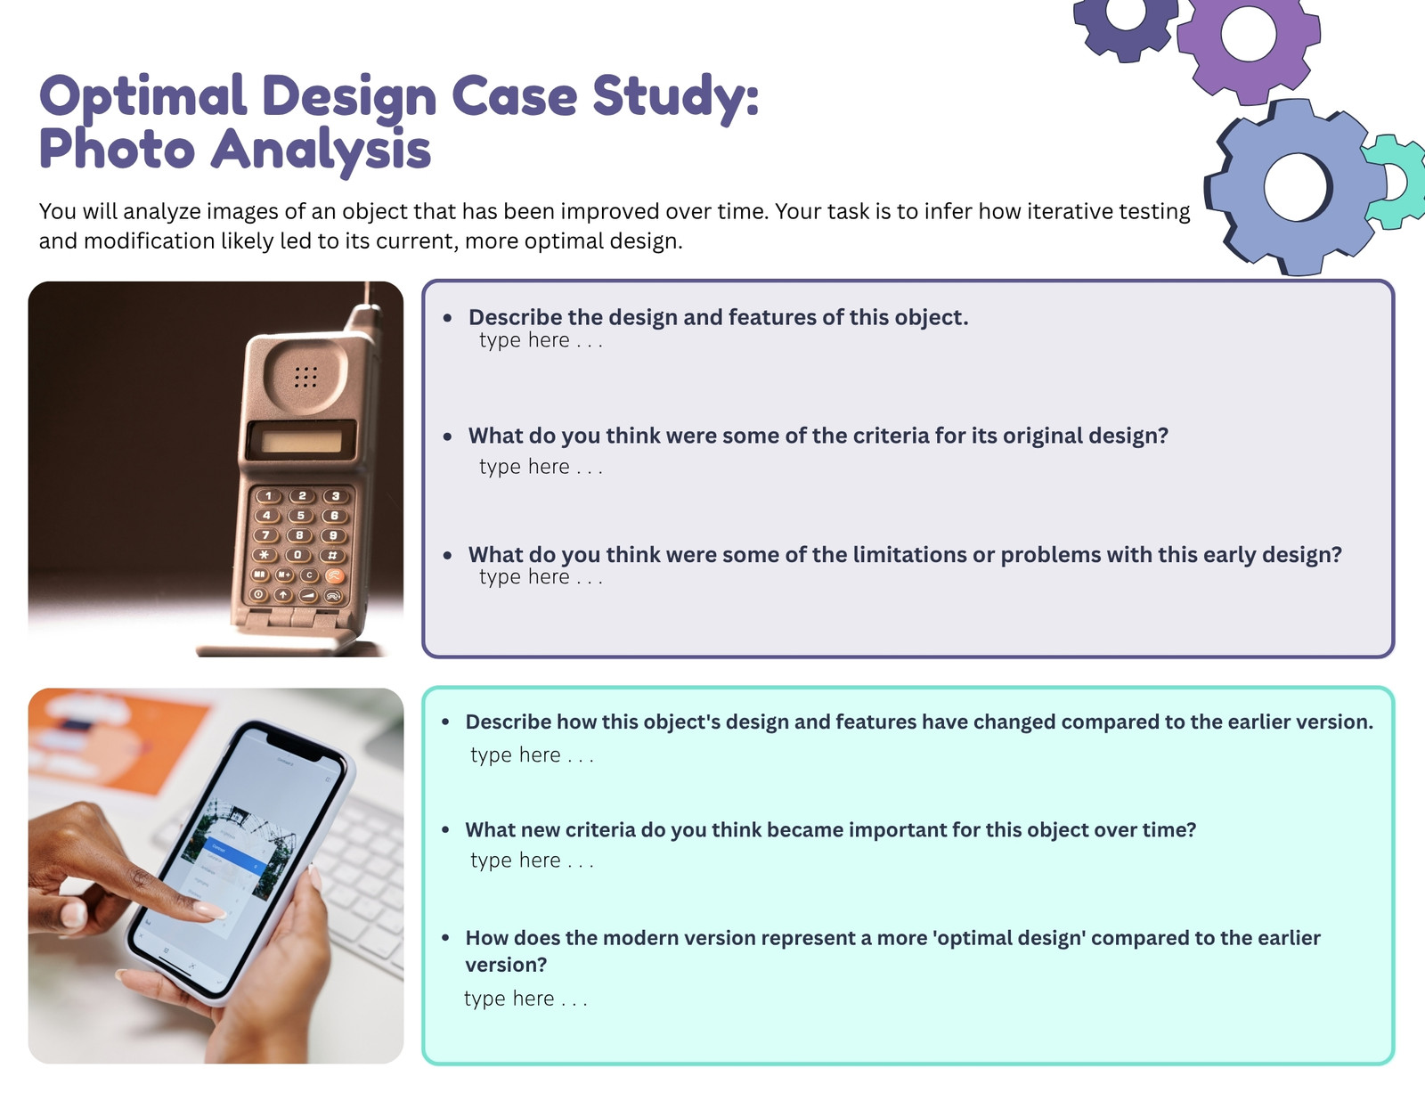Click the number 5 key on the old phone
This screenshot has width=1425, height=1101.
pyautogui.click(x=300, y=516)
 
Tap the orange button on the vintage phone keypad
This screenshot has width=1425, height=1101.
pyautogui.click(x=334, y=575)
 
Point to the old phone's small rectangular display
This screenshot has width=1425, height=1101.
pyautogui.click(x=302, y=441)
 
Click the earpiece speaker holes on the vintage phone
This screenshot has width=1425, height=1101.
pyautogui.click(x=305, y=377)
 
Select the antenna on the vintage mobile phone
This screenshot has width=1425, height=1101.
pyautogui.click(x=370, y=308)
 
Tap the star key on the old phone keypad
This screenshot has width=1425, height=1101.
pyautogui.click(x=265, y=555)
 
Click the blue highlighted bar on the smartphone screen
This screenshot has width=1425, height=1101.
pyautogui.click(x=237, y=858)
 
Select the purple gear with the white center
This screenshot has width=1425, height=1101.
pyautogui.click(x=1249, y=44)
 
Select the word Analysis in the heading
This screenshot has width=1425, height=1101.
pyautogui.click(x=321, y=151)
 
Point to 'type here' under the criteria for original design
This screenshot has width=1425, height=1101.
pyautogui.click(x=541, y=466)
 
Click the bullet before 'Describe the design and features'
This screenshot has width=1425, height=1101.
pyautogui.click(x=447, y=318)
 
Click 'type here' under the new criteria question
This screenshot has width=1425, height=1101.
pyautogui.click(x=531, y=860)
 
